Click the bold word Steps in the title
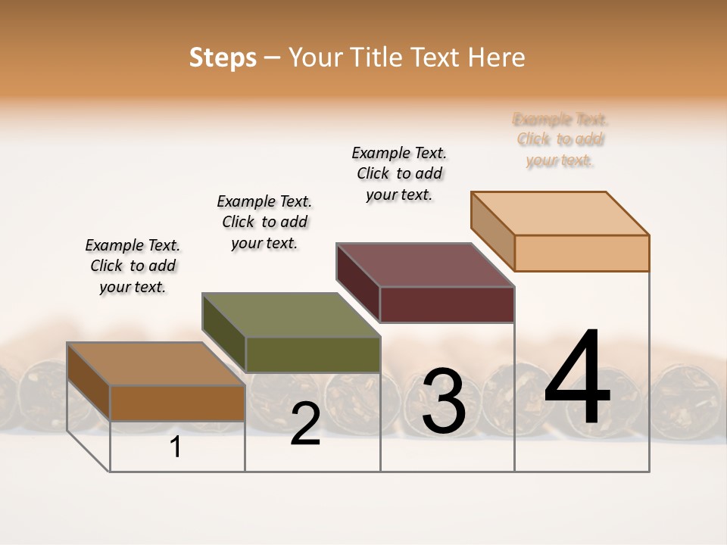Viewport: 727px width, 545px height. [223, 58]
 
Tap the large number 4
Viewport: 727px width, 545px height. [577, 378]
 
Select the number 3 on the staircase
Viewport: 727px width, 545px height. [444, 401]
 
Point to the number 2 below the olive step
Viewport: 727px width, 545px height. [305, 425]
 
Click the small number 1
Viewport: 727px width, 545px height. [176, 447]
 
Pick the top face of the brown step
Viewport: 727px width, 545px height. [156, 364]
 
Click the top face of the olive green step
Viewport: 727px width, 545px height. [291, 315]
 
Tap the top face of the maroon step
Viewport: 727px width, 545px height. [426, 265]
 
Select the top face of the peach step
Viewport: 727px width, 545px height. [560, 213]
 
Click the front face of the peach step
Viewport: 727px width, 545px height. [582, 253]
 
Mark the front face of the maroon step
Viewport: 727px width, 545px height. [447, 304]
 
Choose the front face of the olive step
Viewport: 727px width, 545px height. [313, 354]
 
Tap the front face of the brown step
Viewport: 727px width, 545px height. [178, 403]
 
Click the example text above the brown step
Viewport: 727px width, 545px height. [133, 266]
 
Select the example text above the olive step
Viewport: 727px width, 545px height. [264, 222]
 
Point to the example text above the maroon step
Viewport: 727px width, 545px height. [399, 173]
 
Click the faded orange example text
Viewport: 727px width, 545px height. [560, 139]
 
